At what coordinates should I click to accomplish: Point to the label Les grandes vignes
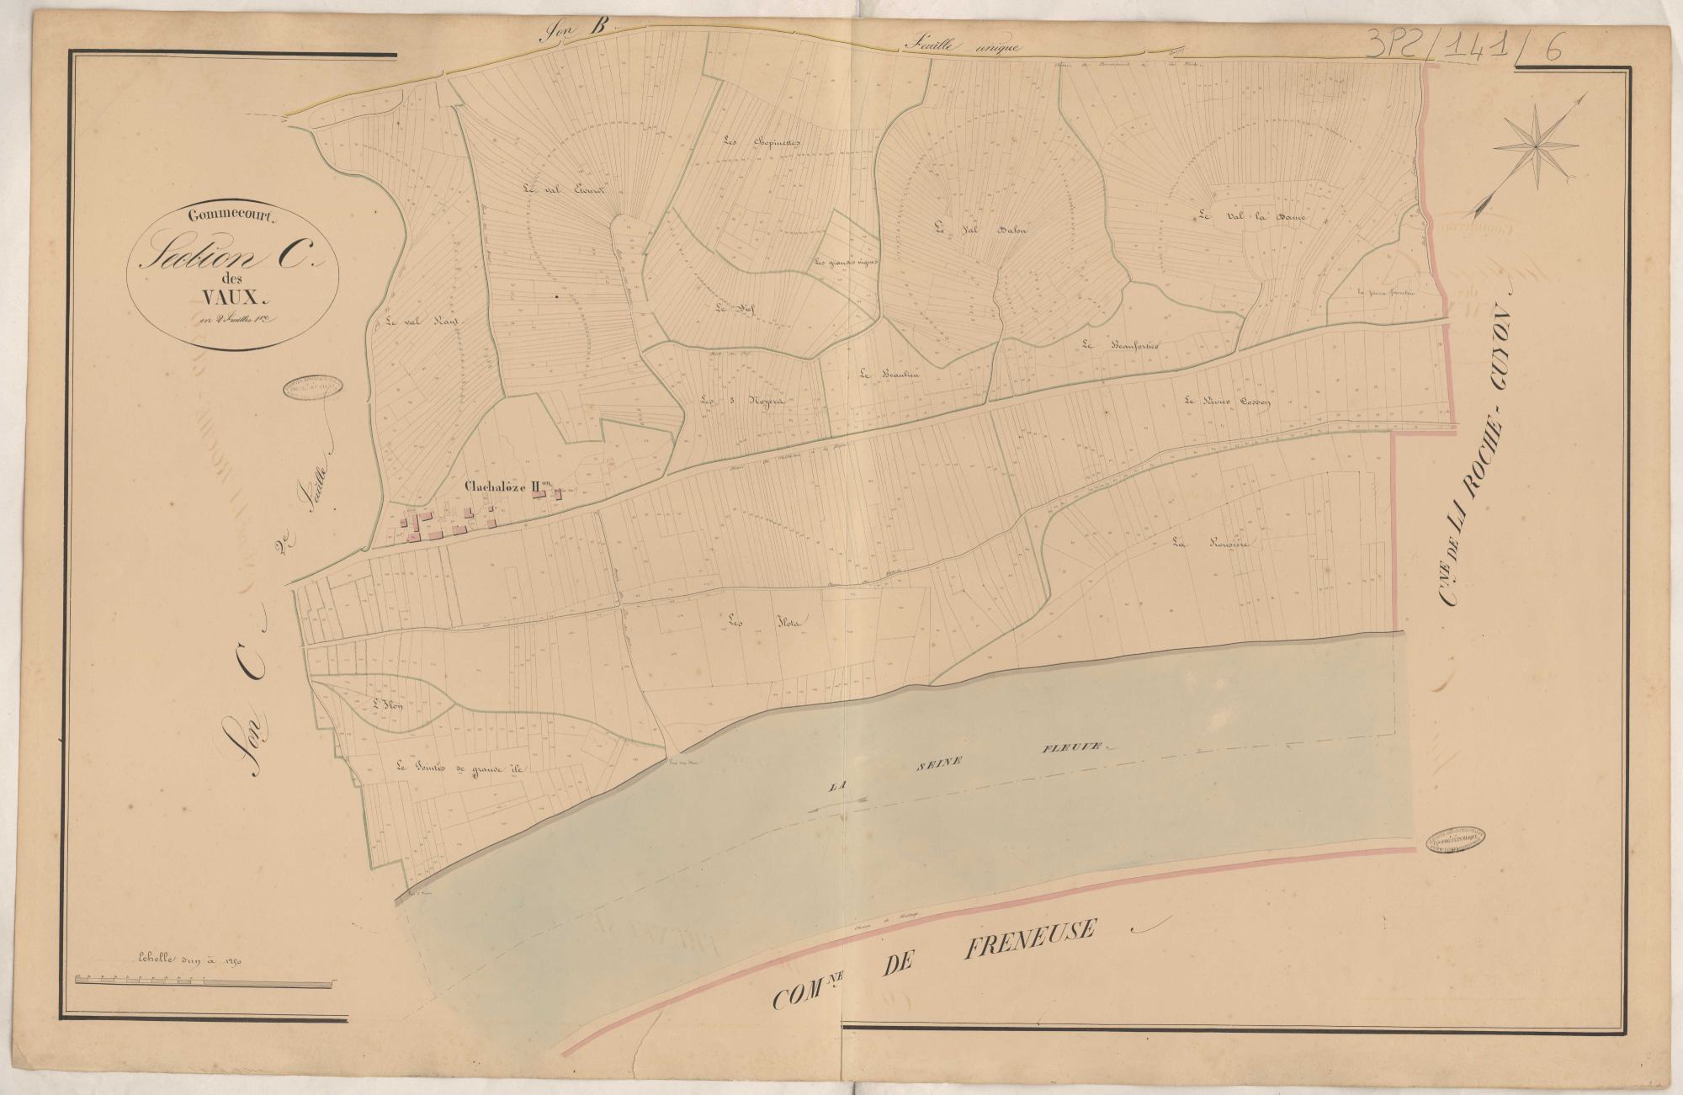[x=846, y=262]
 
